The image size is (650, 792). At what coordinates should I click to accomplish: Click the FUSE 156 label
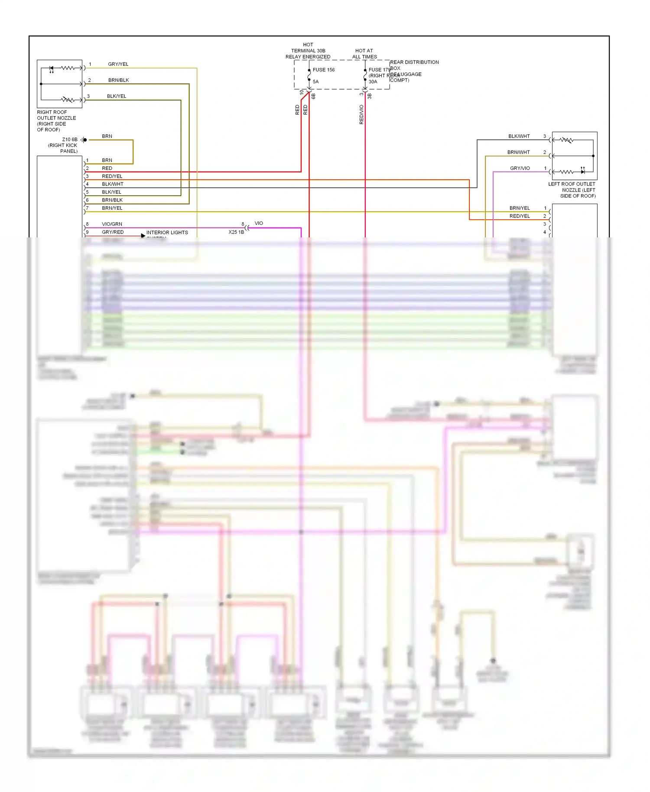(x=323, y=70)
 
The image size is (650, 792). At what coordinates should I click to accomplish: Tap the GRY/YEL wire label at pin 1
(x=118, y=64)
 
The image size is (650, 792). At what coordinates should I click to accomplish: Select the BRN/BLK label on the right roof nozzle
(x=118, y=80)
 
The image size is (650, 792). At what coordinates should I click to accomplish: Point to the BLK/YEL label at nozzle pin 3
(x=117, y=96)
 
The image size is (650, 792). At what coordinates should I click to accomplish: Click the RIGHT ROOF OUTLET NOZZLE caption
(x=56, y=121)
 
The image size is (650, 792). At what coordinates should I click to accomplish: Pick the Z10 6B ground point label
(x=69, y=140)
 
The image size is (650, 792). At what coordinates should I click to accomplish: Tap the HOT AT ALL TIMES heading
(x=364, y=54)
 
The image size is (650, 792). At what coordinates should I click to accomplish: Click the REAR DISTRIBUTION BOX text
(x=414, y=65)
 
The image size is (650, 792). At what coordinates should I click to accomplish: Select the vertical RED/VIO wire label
(x=361, y=115)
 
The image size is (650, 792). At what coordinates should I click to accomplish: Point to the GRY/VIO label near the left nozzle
(x=520, y=168)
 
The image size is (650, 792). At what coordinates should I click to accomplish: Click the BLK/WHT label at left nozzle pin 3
(x=519, y=136)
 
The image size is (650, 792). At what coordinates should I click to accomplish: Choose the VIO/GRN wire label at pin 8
(x=112, y=224)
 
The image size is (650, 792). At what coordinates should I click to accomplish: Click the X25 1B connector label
(x=236, y=232)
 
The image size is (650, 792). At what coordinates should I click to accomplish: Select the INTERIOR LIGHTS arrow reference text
(x=167, y=233)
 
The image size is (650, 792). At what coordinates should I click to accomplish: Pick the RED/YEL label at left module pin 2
(x=519, y=216)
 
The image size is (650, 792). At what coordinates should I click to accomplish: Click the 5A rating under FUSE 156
(x=315, y=81)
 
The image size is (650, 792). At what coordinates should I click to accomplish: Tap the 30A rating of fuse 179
(x=373, y=81)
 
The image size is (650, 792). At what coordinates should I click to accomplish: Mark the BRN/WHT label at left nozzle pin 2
(x=518, y=152)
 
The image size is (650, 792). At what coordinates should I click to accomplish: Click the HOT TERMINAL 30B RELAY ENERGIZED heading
(x=308, y=51)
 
